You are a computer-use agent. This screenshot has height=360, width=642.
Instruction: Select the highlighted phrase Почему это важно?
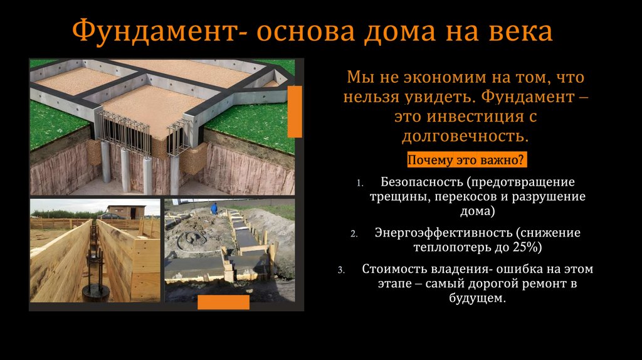[x=466, y=160]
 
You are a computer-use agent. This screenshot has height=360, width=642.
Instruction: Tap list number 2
[x=354, y=234]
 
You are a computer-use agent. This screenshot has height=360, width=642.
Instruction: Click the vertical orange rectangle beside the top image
[x=295, y=112]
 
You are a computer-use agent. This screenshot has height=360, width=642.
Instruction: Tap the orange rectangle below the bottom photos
[x=223, y=302]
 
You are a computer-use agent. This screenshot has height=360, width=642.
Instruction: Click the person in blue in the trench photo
[x=214, y=208]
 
